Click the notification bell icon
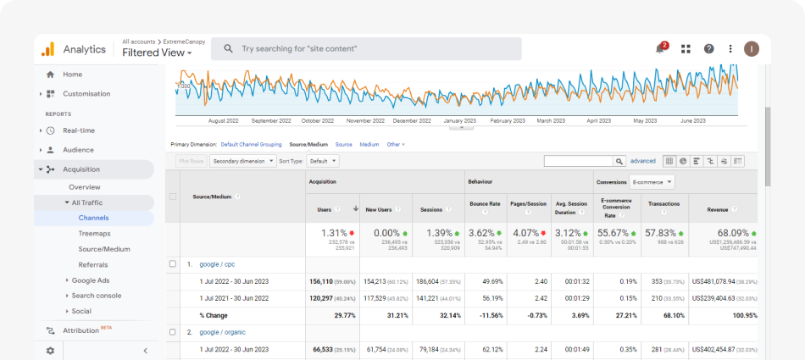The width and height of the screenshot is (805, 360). click(x=660, y=49)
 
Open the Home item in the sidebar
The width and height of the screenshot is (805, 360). click(x=72, y=75)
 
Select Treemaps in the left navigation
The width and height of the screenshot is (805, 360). click(x=94, y=233)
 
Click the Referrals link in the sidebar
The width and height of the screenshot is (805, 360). click(x=93, y=264)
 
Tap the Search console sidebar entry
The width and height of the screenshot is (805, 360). click(x=96, y=296)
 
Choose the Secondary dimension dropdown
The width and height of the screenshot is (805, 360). click(x=243, y=161)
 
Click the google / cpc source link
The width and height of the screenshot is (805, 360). click(x=218, y=264)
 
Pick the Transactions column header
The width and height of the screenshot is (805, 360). click(x=663, y=204)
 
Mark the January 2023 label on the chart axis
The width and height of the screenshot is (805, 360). click(x=459, y=120)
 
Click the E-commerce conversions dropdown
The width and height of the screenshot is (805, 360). click(x=652, y=181)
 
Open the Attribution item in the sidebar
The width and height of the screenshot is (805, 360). click(x=82, y=330)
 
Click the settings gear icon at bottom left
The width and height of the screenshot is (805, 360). click(x=50, y=351)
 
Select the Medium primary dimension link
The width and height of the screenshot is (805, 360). click(x=369, y=145)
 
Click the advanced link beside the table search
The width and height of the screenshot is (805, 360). click(x=643, y=161)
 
